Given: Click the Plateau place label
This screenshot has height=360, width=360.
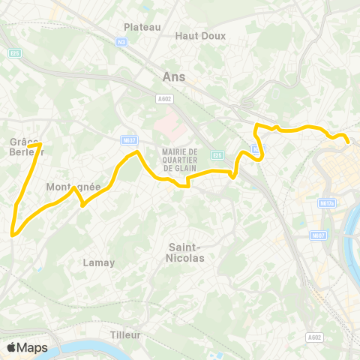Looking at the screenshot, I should pos(142,27).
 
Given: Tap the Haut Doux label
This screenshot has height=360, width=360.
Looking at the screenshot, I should pos(196,35).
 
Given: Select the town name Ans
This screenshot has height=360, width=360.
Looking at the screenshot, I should pos(173,76).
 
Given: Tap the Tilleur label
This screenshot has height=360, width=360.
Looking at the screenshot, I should pos(125,334).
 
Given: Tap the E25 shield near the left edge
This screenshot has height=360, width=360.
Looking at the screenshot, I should pos(14,52).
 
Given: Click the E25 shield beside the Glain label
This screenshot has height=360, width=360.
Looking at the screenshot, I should pos(217,155).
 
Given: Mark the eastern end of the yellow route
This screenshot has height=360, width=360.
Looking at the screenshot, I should pos(349,141).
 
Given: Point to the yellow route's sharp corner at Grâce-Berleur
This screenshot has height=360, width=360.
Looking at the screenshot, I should pos(40,144).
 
